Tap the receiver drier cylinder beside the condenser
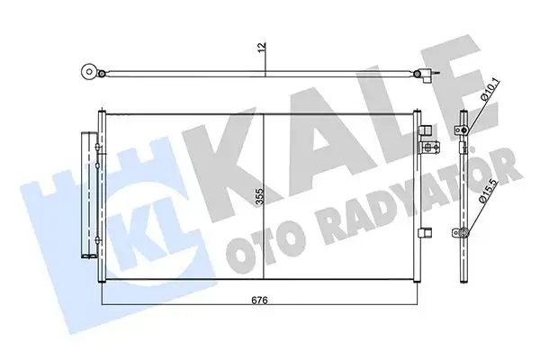pyautogui.click(x=89, y=194)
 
